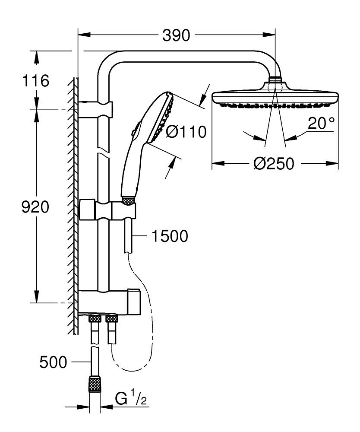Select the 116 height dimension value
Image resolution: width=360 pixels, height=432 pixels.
[x=36, y=81]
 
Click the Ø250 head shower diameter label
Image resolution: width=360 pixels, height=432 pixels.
[x=274, y=164]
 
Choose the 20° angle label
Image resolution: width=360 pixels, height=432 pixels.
[x=321, y=124]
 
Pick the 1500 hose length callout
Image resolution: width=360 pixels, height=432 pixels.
[x=170, y=236]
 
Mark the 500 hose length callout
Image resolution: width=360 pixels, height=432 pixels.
[x=53, y=362]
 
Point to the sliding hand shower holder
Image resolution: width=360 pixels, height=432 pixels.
[x=108, y=210]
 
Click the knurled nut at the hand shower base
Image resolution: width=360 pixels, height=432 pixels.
[x=128, y=201]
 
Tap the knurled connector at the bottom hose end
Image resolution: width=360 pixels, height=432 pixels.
[x=95, y=384]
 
